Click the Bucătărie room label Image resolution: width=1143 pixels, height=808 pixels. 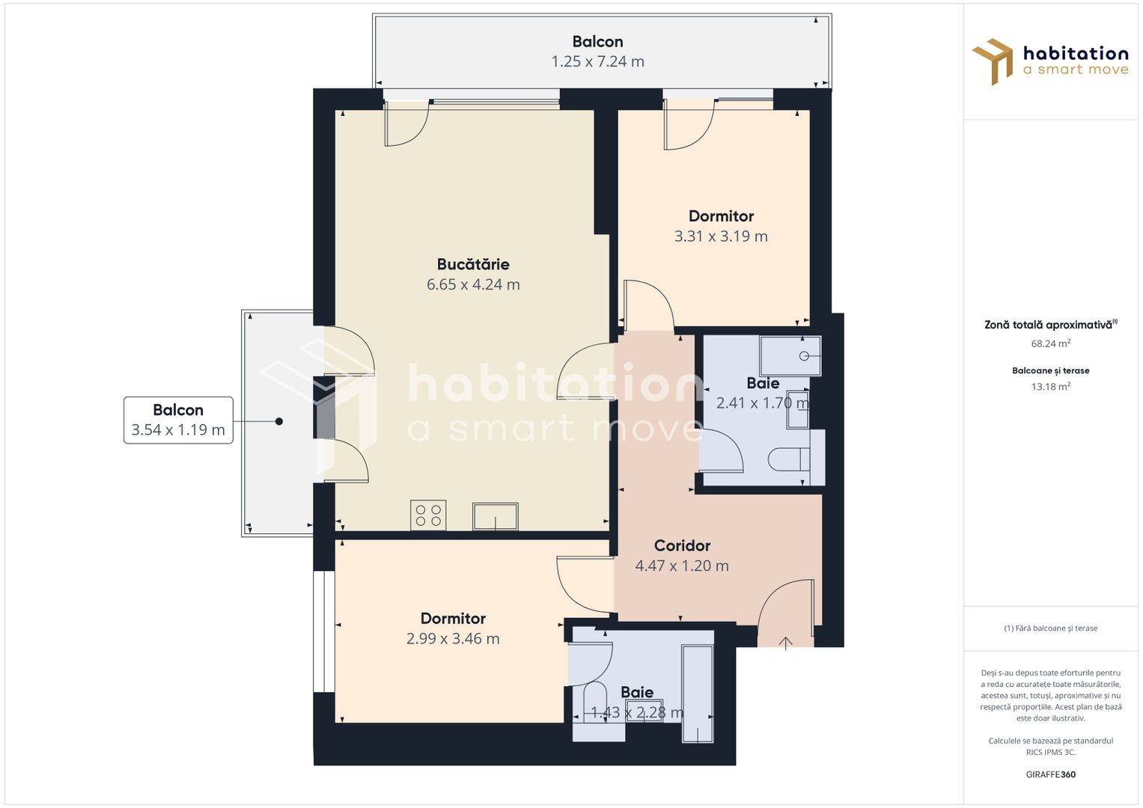pyautogui.click(x=473, y=264)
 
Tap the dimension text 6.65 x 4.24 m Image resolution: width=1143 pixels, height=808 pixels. pyautogui.click(x=473, y=284)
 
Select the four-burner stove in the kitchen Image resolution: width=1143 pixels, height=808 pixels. pyautogui.click(x=428, y=515)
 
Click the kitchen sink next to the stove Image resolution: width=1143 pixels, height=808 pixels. pyautogui.click(x=495, y=516)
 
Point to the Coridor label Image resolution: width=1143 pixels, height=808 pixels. pyautogui.click(x=682, y=546)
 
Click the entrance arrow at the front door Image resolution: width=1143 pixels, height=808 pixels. pyautogui.click(x=785, y=643)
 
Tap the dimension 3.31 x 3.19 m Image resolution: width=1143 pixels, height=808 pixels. pyautogui.click(x=721, y=236)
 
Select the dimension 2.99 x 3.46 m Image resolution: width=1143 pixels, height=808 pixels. pyautogui.click(x=453, y=639)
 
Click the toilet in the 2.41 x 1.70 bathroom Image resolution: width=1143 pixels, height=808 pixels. pyautogui.click(x=789, y=459)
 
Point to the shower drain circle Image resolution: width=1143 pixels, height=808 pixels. pyautogui.click(x=804, y=356)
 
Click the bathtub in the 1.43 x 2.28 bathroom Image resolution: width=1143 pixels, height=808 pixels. pyautogui.click(x=698, y=694)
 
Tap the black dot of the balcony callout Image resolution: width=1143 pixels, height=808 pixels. pyautogui.click(x=279, y=421)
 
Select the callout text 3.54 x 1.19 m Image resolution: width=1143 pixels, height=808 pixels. pyautogui.click(x=178, y=430)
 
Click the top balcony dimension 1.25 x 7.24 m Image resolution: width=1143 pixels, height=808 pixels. pyautogui.click(x=597, y=61)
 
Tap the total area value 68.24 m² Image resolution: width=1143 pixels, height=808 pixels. pyautogui.click(x=1051, y=343)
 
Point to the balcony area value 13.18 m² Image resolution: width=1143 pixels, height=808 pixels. pyautogui.click(x=1051, y=386)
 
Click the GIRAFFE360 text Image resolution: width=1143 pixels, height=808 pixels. pyautogui.click(x=1051, y=774)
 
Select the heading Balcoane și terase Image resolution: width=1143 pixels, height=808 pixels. pyautogui.click(x=1051, y=371)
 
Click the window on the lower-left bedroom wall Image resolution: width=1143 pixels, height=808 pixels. pyautogui.click(x=323, y=631)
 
